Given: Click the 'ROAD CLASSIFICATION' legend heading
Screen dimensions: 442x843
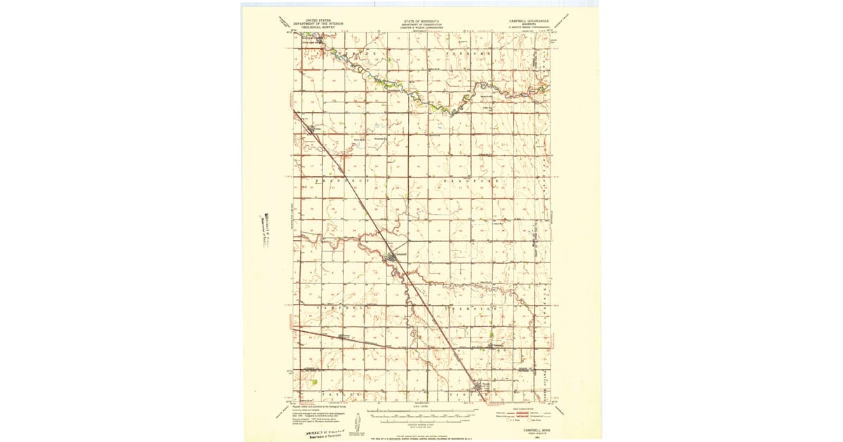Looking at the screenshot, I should click(x=521, y=408).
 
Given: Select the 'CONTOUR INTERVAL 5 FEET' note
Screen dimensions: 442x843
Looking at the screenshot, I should click(x=421, y=424).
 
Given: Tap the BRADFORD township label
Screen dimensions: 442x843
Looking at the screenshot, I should click(x=471, y=181).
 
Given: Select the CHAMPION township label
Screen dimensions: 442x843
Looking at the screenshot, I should click(x=471, y=309).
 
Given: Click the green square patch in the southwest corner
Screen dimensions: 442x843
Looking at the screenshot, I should click(x=314, y=382).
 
